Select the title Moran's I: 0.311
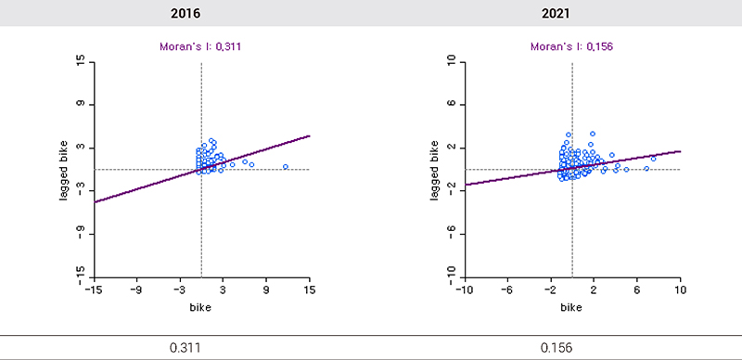click(201, 45)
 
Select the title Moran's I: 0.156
click(571, 45)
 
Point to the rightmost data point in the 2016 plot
click(286, 167)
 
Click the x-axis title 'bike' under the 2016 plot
click(201, 307)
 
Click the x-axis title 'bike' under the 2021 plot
click(571, 307)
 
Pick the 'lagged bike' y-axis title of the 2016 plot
click(65, 168)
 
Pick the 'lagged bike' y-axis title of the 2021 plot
click(435, 168)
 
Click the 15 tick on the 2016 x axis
click(310, 289)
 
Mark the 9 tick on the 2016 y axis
click(81, 104)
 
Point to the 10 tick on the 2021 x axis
click(680, 289)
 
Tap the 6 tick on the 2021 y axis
click(451, 104)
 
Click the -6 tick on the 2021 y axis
click(451, 233)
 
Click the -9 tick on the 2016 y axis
click(81, 233)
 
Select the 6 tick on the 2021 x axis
click(636, 289)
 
